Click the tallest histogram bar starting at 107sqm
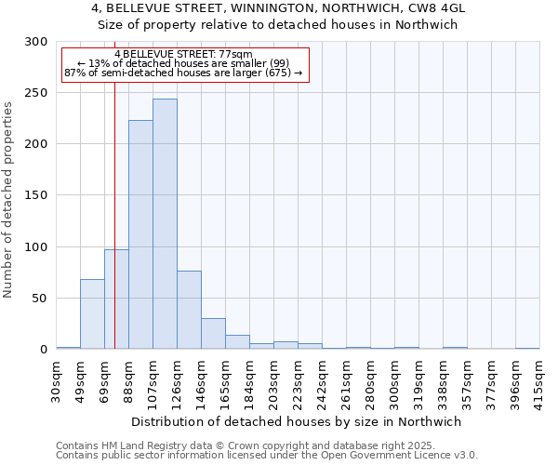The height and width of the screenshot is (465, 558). (x=165, y=223)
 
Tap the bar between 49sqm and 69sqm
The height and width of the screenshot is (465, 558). (x=92, y=313)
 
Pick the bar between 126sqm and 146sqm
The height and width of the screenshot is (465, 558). (x=189, y=310)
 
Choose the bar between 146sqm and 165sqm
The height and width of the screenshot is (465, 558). (x=213, y=333)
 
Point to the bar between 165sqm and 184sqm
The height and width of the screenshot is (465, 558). (x=237, y=341)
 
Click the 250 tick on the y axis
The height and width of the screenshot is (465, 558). (x=35, y=93)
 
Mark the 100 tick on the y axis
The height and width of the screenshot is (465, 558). (x=35, y=247)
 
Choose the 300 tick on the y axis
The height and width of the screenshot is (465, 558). (x=35, y=42)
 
